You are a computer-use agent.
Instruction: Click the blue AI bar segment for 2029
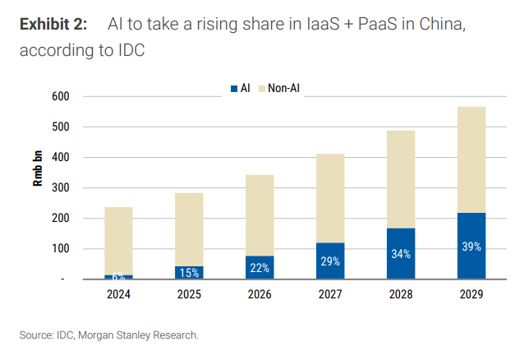471,247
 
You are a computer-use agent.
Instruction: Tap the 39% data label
471,247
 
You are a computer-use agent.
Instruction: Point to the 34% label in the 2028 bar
401,254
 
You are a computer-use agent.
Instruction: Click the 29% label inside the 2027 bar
330,261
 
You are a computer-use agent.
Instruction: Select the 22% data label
260,268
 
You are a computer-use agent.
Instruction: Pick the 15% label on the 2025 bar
190,273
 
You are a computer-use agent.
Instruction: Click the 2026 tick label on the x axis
260,293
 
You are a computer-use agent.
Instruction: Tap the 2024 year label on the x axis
119,293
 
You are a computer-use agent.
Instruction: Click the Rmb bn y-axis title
38,170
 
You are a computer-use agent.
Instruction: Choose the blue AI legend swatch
233,87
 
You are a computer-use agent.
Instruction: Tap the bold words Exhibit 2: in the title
53,24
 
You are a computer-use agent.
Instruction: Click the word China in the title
444,24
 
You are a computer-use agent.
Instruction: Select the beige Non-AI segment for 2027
330,198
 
